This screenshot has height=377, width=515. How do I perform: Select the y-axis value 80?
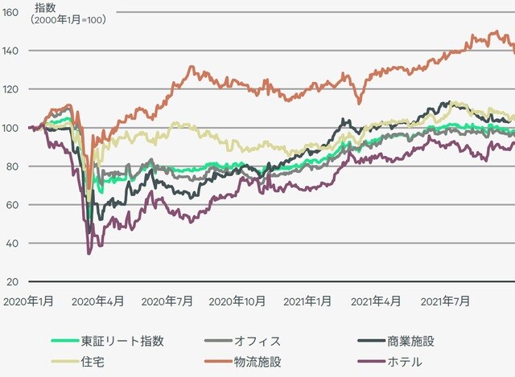point(12,166)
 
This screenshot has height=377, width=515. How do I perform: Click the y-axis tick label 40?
point(12,244)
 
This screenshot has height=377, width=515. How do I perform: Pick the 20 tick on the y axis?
point(12,282)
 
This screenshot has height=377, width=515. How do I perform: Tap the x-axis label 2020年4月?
point(98,301)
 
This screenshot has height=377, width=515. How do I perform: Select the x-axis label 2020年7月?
point(167,301)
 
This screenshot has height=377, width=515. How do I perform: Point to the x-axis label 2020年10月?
point(237,301)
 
